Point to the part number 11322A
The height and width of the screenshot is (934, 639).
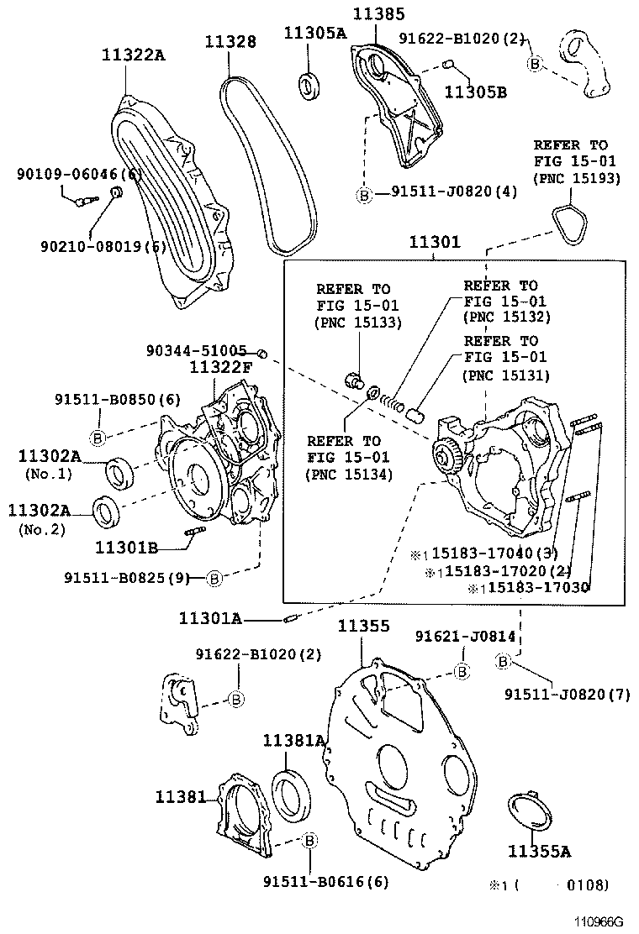(x=134, y=55)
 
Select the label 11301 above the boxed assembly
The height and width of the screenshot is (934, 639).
(x=435, y=243)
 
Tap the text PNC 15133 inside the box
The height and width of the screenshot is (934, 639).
(x=358, y=322)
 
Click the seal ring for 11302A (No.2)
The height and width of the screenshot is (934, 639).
(x=106, y=510)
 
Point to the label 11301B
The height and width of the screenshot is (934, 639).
(x=127, y=548)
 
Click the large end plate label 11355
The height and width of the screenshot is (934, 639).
(x=363, y=626)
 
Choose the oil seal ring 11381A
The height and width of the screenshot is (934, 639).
(x=293, y=793)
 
